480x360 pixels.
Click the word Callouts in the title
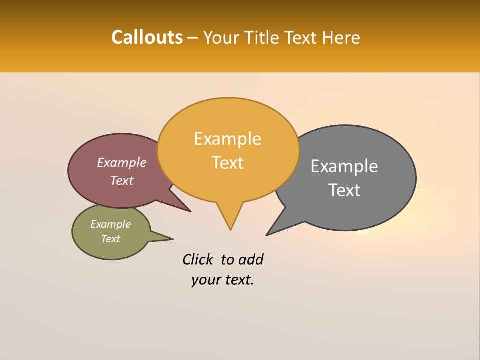[147, 37]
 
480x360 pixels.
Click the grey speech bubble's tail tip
[268, 234]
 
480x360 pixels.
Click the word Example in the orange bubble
[227, 139]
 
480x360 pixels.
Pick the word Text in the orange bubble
[228, 163]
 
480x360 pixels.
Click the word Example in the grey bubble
[344, 166]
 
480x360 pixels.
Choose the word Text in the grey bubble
[345, 190]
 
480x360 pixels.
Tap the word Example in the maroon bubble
[121, 162]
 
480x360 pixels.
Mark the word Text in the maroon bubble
[122, 180]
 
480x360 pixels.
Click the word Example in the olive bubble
[110, 224]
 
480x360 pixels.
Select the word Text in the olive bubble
[111, 239]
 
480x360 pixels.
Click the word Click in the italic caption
[198, 259]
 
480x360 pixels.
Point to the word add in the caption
[250, 259]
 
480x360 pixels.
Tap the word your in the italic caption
[205, 280]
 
